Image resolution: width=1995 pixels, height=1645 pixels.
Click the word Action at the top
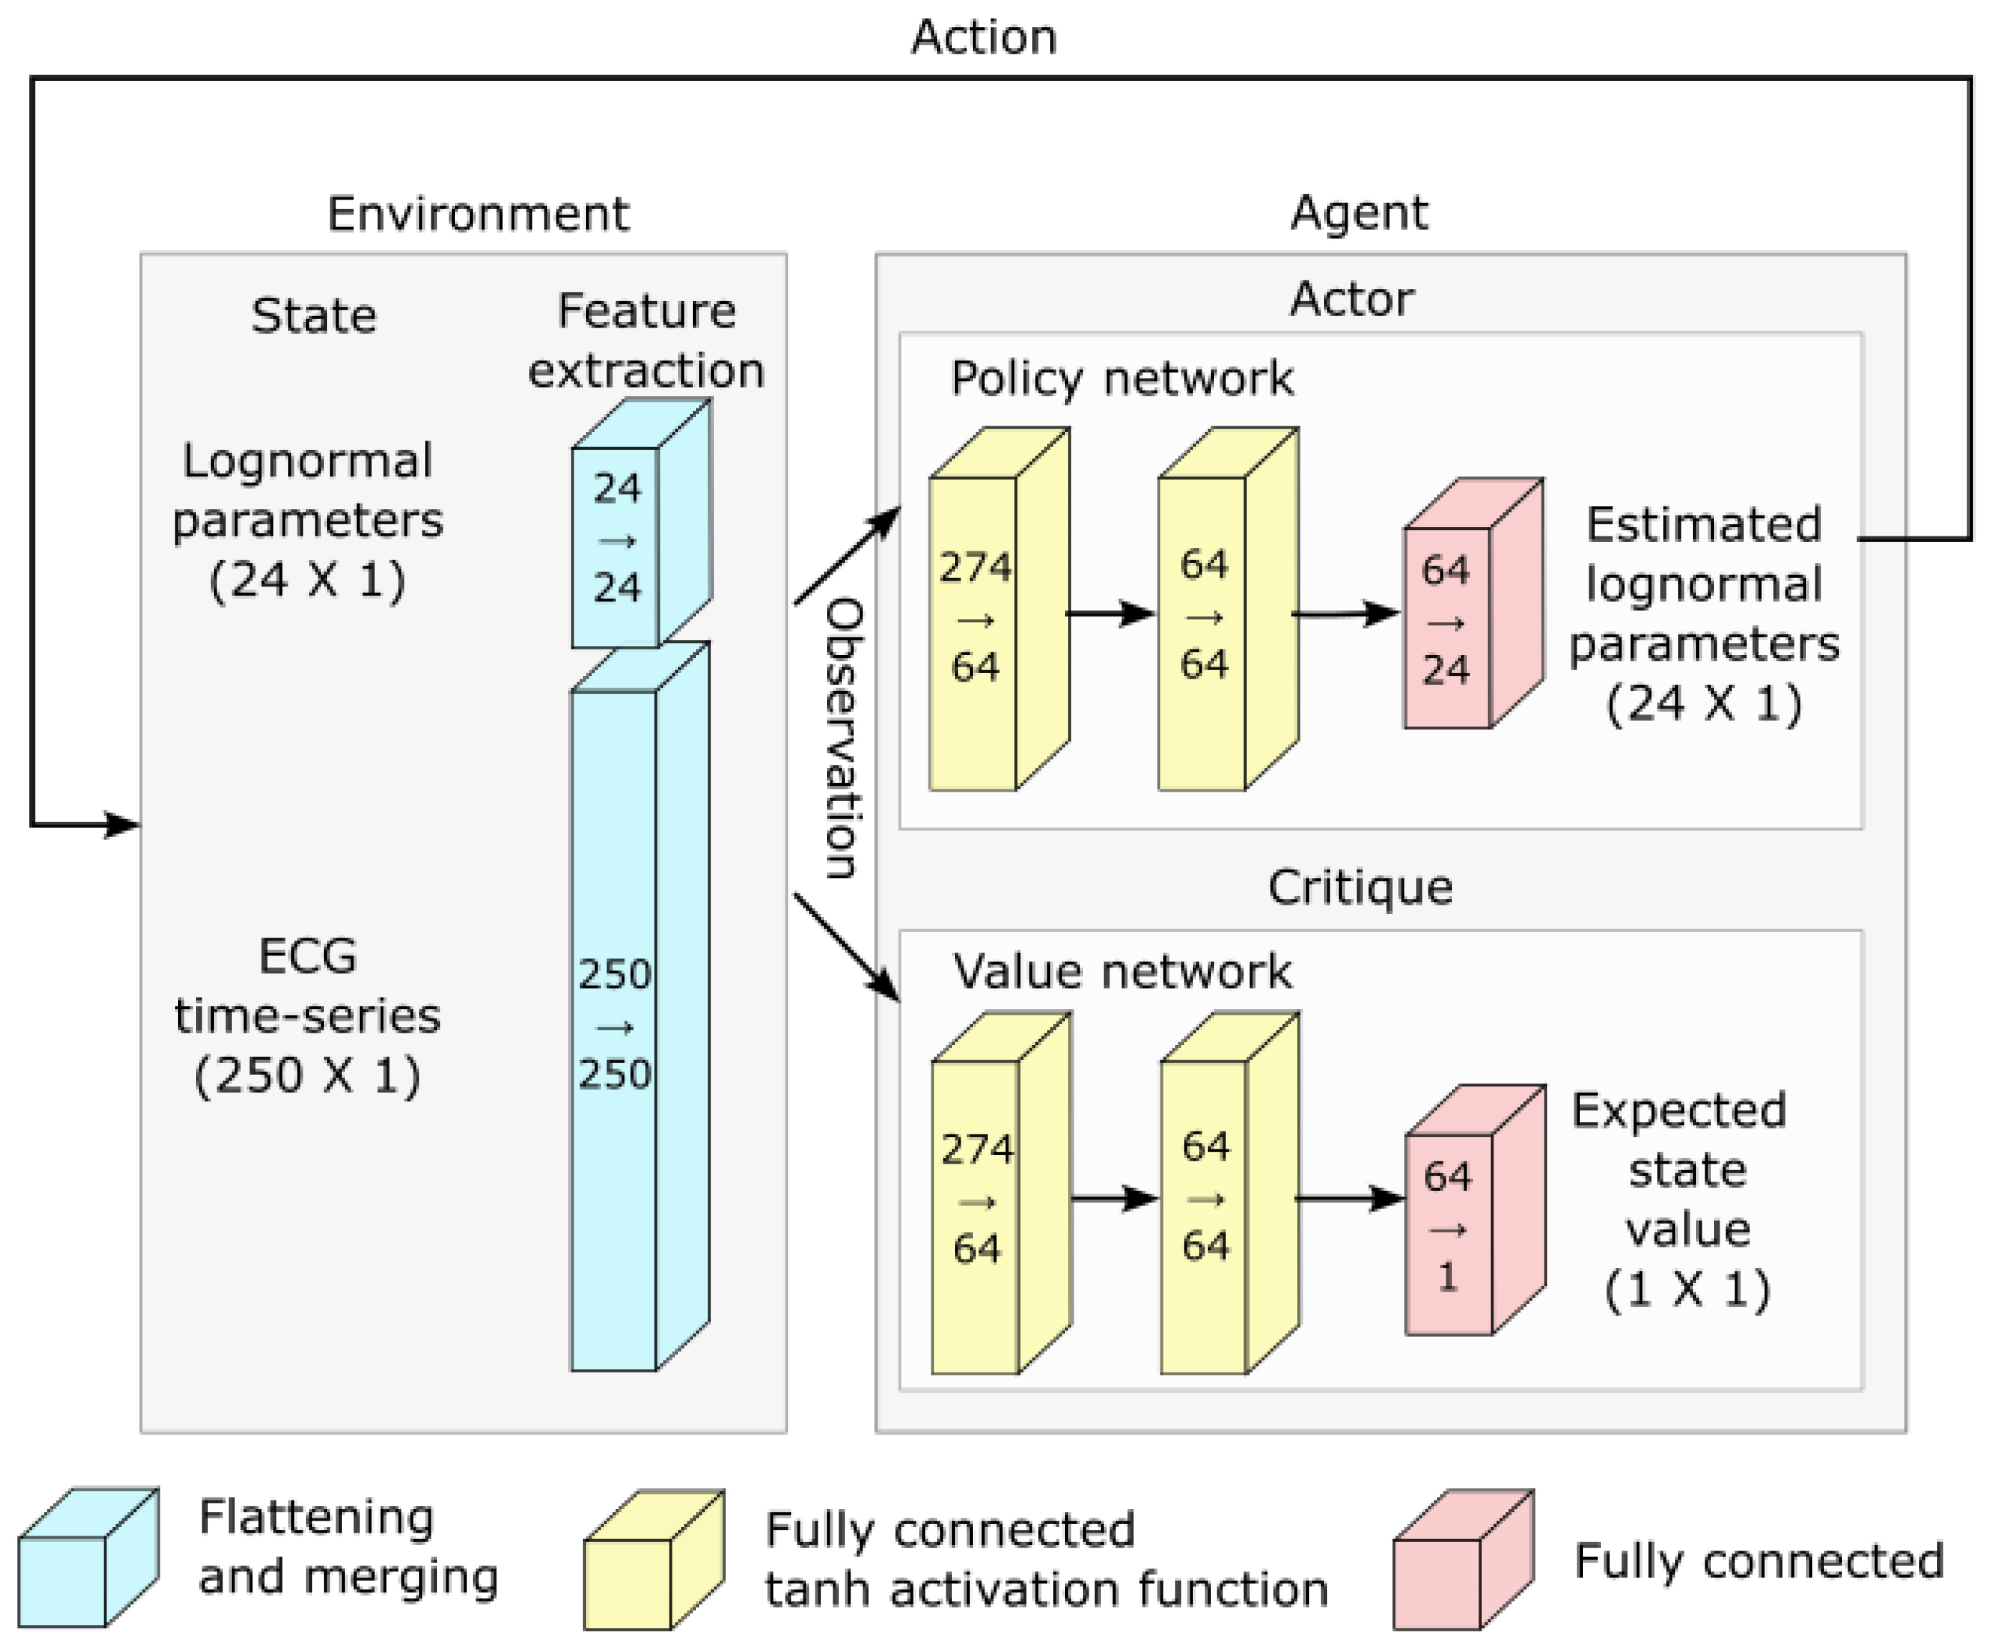983,38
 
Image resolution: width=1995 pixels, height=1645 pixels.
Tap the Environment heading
478,213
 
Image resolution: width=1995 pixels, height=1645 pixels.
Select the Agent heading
1358,212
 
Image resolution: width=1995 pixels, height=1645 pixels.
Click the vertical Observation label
843,737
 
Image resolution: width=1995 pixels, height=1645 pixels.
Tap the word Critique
1359,888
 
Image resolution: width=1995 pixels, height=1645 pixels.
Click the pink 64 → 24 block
1446,621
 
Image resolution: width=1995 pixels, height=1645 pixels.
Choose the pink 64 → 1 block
1449,1227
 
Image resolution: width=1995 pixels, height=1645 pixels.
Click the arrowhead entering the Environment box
122,825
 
